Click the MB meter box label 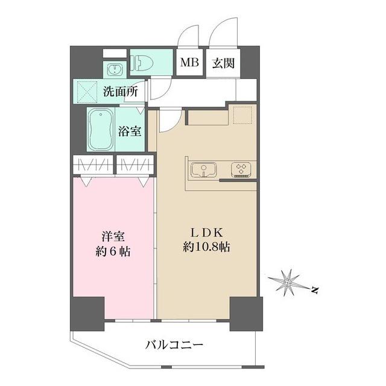[x=189, y=63]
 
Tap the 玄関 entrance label [x=223, y=63]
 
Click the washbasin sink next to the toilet [x=114, y=69]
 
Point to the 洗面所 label [x=121, y=92]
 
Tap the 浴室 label [x=130, y=131]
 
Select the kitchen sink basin [x=204, y=169]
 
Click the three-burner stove [x=241, y=169]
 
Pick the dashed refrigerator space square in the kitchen [x=242, y=115]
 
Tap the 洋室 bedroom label [x=113, y=236]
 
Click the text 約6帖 [x=113, y=252]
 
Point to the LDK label [x=207, y=233]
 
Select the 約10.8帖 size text [x=206, y=247]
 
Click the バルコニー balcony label [x=174, y=345]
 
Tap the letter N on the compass [x=314, y=291]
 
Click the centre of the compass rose [x=287, y=283]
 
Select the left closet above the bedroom [x=93, y=165]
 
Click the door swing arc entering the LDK [x=175, y=123]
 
